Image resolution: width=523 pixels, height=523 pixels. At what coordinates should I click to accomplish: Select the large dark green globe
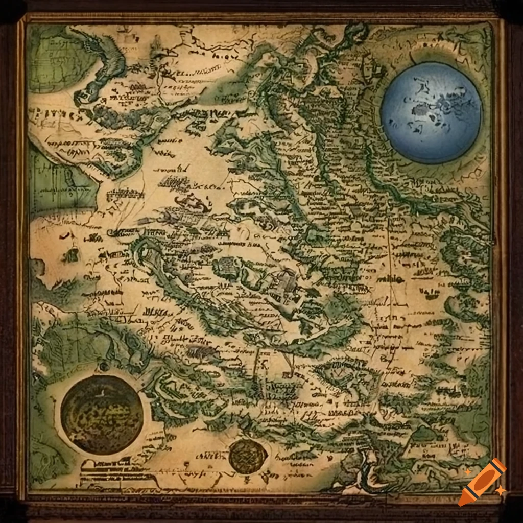pyautogui.click(x=102, y=414)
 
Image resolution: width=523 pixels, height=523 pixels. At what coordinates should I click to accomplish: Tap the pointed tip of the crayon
pyautogui.click(x=464, y=500)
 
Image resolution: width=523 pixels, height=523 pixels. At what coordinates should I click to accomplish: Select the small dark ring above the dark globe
pyautogui.click(x=104, y=366)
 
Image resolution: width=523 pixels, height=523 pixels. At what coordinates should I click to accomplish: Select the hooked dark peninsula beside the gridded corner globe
pyautogui.click(x=105, y=66)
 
